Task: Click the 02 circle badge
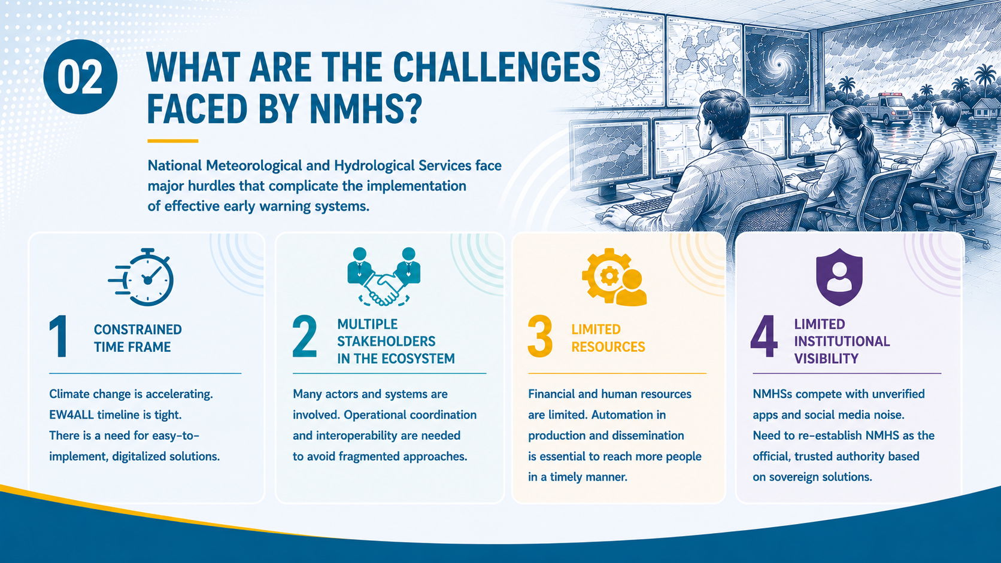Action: point(80,77)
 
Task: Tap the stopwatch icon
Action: point(141,277)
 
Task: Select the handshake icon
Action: point(384,276)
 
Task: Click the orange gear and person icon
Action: point(614,277)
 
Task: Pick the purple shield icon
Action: point(839,277)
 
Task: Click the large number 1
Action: point(59,336)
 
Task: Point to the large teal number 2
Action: point(305,336)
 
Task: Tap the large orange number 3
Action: point(540,336)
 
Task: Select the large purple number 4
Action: point(764,336)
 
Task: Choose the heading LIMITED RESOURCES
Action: point(608,338)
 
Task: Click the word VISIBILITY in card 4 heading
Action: point(826,358)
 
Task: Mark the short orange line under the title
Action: point(173,141)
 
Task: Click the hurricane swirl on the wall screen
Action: point(778,66)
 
